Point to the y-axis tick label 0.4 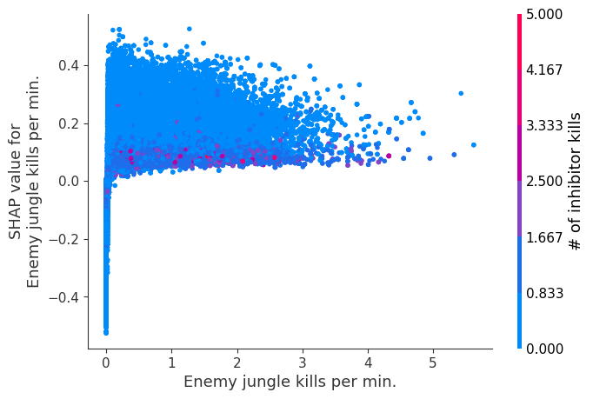(69, 65)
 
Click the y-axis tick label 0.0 (69, 181)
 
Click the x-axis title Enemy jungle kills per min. (290, 382)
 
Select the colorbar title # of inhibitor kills (575, 181)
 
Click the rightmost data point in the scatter (473, 145)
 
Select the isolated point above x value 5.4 (460, 93)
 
